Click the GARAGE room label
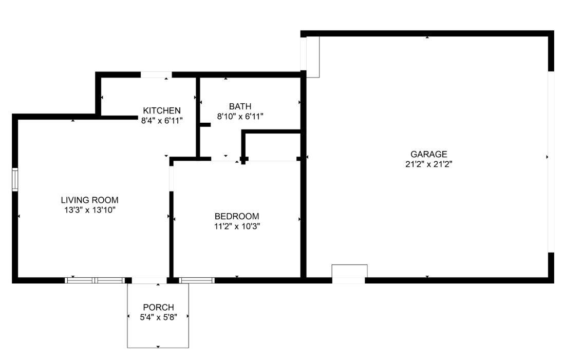428,154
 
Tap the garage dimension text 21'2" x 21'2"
428,164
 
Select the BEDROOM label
237,216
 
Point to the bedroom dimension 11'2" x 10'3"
237,226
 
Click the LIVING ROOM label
90,200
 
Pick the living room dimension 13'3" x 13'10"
90,210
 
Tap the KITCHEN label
162,110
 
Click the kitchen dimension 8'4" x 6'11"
162,121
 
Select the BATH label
240,106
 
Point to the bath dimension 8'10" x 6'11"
240,117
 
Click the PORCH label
158,307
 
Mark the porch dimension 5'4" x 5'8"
158,317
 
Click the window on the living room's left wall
15,179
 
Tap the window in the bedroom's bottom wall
197,280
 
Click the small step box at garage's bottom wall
349,272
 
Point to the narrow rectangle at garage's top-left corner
312,56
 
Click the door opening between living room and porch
149,280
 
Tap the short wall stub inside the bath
205,124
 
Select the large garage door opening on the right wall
551,161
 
